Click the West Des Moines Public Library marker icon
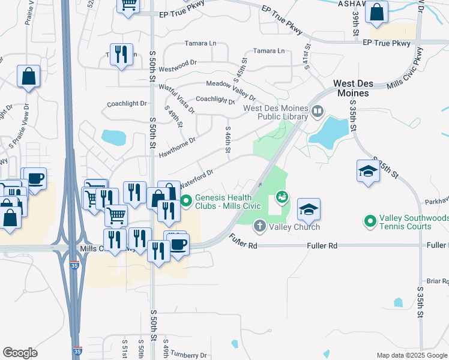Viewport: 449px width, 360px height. [x=318, y=110]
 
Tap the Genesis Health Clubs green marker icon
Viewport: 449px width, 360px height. [x=186, y=200]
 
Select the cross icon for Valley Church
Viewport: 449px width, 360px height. [x=259, y=226]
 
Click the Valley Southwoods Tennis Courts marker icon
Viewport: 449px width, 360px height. [x=370, y=221]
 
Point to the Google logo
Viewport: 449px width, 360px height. [x=20, y=353]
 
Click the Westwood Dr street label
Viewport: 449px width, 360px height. [x=178, y=62]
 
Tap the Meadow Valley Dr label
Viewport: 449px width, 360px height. [x=231, y=88]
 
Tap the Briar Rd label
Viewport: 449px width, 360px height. [x=437, y=281]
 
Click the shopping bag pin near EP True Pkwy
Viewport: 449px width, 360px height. [x=376, y=13]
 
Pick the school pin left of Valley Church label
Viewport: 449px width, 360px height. [x=309, y=209]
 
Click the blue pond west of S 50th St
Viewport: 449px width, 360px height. [x=113, y=137]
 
